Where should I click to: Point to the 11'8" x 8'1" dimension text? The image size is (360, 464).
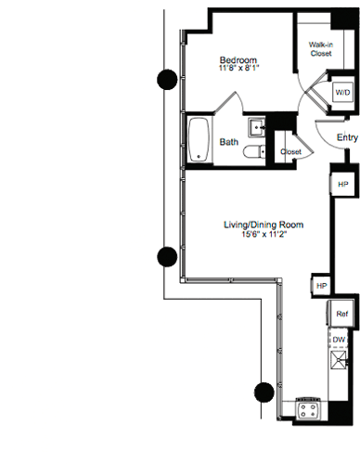click(225, 67)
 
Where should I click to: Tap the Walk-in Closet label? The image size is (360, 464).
click(321, 48)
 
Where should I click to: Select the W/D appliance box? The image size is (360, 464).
click(342, 94)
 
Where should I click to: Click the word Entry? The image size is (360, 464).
click(348, 138)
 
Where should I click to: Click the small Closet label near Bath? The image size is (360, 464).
click(290, 151)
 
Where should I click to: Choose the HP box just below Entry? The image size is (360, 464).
click(342, 186)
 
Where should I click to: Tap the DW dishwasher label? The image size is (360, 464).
click(341, 342)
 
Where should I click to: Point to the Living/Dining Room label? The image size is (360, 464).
click(264, 225)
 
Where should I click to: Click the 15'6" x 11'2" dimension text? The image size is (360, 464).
click(264, 236)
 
